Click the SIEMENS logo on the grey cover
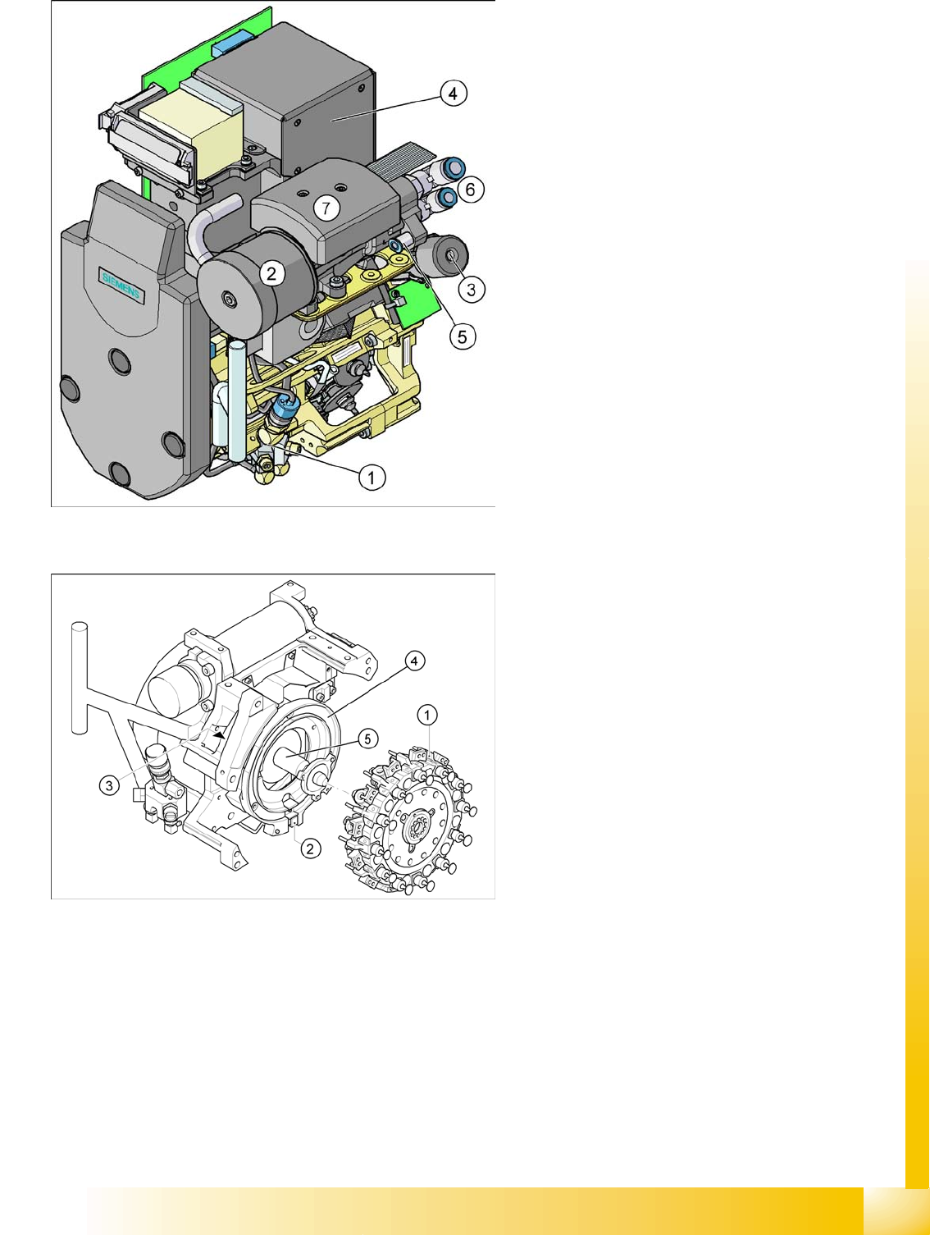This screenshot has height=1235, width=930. pos(121,286)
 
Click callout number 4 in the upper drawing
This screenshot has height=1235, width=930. pos(453,94)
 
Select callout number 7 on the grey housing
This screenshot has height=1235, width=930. pos(326,208)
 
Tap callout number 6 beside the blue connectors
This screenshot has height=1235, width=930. pos(470,189)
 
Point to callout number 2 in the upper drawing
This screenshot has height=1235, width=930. pos(272,273)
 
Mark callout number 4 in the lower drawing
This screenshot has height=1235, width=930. pos(414,661)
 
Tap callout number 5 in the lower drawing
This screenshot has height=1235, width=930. pos(367,739)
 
